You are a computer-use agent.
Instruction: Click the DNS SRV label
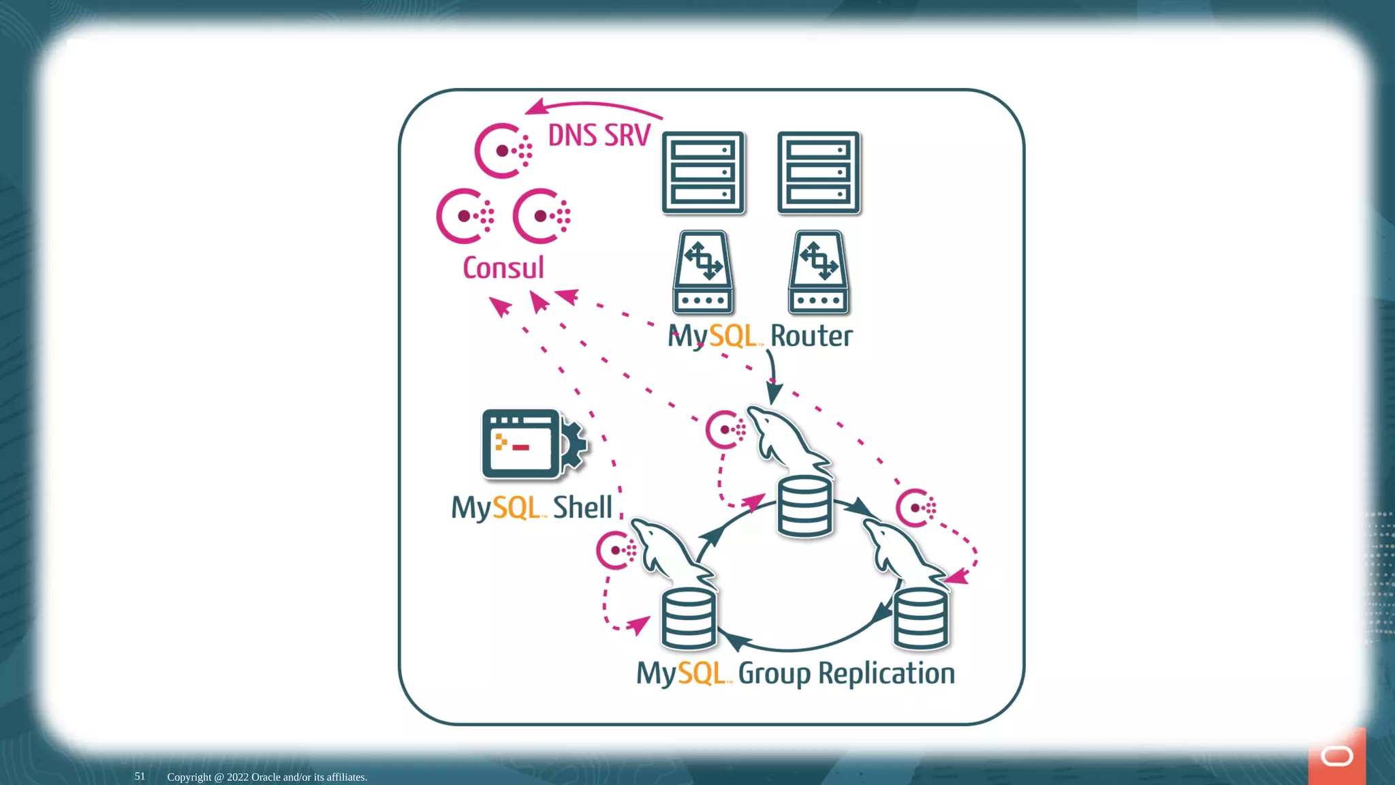coord(599,136)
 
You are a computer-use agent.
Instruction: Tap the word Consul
coord(503,268)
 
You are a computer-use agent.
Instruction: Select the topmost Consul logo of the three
coord(503,151)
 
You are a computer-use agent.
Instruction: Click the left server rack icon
coord(703,173)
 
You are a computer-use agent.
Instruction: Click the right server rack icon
coord(819,173)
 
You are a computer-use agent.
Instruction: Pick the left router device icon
coord(703,273)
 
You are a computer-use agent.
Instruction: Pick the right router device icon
coord(819,273)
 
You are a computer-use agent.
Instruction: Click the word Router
coord(811,336)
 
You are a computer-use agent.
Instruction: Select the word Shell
coord(582,508)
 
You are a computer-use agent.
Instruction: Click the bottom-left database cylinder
coord(689,619)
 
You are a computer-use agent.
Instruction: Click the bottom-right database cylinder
coord(920,619)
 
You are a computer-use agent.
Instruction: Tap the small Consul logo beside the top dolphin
coord(725,429)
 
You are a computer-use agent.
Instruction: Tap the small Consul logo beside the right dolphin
coord(915,508)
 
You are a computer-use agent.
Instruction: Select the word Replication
coord(886,673)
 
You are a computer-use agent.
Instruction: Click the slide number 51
coord(140,776)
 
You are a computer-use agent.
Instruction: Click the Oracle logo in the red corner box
coord(1336,756)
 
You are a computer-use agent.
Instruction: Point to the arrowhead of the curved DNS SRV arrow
coord(535,108)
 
